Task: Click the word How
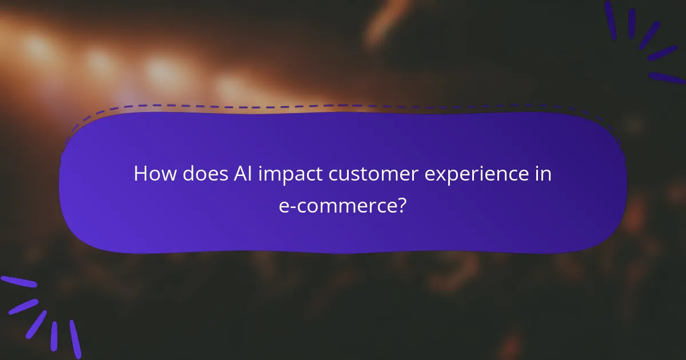point(155,174)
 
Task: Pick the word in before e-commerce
point(544,174)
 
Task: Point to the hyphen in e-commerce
point(293,206)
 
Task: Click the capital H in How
point(140,174)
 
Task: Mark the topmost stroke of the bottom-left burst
point(18,282)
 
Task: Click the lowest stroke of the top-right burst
point(667,78)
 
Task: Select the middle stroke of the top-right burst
point(648,34)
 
